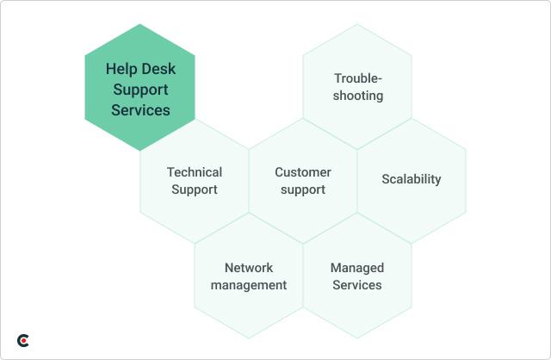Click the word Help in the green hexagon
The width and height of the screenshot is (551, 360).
119,69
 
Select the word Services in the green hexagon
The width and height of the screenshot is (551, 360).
139,110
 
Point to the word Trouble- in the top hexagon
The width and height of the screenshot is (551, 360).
358,78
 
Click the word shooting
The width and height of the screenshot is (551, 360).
358,96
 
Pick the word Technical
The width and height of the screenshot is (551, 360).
195,172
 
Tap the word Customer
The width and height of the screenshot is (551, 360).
303,172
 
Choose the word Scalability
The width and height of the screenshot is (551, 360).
412,179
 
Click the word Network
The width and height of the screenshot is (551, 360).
249,268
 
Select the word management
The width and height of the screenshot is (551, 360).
249,285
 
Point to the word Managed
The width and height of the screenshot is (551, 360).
357,268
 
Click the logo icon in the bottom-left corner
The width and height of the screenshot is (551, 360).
23,341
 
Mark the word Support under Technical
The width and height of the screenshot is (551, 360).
195,189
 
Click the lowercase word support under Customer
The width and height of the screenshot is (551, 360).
303,189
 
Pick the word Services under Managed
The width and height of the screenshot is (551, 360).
357,285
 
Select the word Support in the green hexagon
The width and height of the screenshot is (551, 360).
139,90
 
